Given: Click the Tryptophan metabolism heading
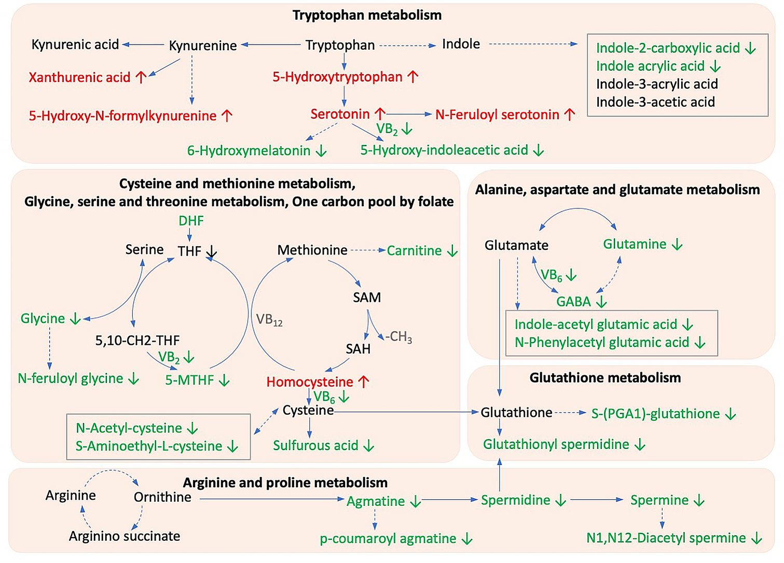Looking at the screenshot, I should click(367, 15).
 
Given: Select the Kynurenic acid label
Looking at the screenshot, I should click(75, 45).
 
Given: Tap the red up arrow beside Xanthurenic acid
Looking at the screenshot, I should click(141, 77).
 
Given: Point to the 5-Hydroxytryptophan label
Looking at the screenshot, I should click(337, 77).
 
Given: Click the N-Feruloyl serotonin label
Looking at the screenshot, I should click(497, 115).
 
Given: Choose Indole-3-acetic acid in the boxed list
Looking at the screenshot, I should click(655, 102).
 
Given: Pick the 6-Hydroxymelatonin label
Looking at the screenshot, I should click(249, 151).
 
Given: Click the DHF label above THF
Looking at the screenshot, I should click(191, 221).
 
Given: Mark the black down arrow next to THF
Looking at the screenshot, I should click(211, 252).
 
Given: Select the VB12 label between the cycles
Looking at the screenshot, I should click(269, 320).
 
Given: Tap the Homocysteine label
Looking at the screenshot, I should click(310, 382).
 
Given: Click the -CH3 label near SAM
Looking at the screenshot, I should click(398, 337).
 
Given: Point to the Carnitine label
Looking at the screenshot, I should click(414, 251).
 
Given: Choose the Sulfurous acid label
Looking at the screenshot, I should click(315, 446).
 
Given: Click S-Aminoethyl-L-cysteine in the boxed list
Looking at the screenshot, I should click(149, 446).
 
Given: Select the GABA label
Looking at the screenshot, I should click(573, 302).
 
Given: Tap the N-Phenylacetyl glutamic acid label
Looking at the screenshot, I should click(602, 343).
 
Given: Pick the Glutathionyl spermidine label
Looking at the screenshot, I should click(556, 444).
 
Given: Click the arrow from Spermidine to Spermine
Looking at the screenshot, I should click(596, 500).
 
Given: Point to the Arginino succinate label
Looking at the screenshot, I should click(125, 536).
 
